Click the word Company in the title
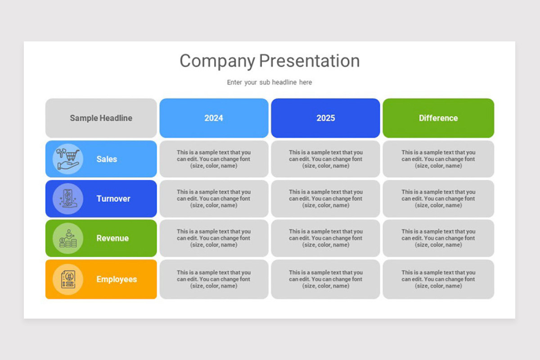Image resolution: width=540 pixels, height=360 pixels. (217, 61)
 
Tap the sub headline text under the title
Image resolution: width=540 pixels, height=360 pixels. (269, 82)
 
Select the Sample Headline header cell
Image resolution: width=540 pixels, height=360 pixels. (101, 118)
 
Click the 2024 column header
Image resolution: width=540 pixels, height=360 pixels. (214, 118)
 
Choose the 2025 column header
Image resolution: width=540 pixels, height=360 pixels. (325, 118)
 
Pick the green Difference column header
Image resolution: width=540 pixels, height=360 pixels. (438, 118)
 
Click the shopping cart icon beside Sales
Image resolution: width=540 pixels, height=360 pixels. (68, 159)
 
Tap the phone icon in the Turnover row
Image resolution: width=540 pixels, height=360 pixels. (68, 198)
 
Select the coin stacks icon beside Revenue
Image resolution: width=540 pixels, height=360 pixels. (68, 238)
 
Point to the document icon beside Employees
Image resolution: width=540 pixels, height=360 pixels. (68, 279)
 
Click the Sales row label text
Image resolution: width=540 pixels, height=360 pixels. (107, 159)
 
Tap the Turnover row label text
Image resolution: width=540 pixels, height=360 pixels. (113, 199)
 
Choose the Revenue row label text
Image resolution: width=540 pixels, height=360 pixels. (112, 238)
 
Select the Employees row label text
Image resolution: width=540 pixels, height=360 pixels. (117, 279)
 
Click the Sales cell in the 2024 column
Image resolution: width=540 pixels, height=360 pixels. (214, 159)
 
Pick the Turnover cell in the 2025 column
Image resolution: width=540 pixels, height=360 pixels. (325, 198)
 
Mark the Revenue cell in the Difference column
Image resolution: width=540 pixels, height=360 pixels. (438, 238)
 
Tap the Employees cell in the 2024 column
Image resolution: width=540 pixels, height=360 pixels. (214, 279)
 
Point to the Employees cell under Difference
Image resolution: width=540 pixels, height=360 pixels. (438, 279)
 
